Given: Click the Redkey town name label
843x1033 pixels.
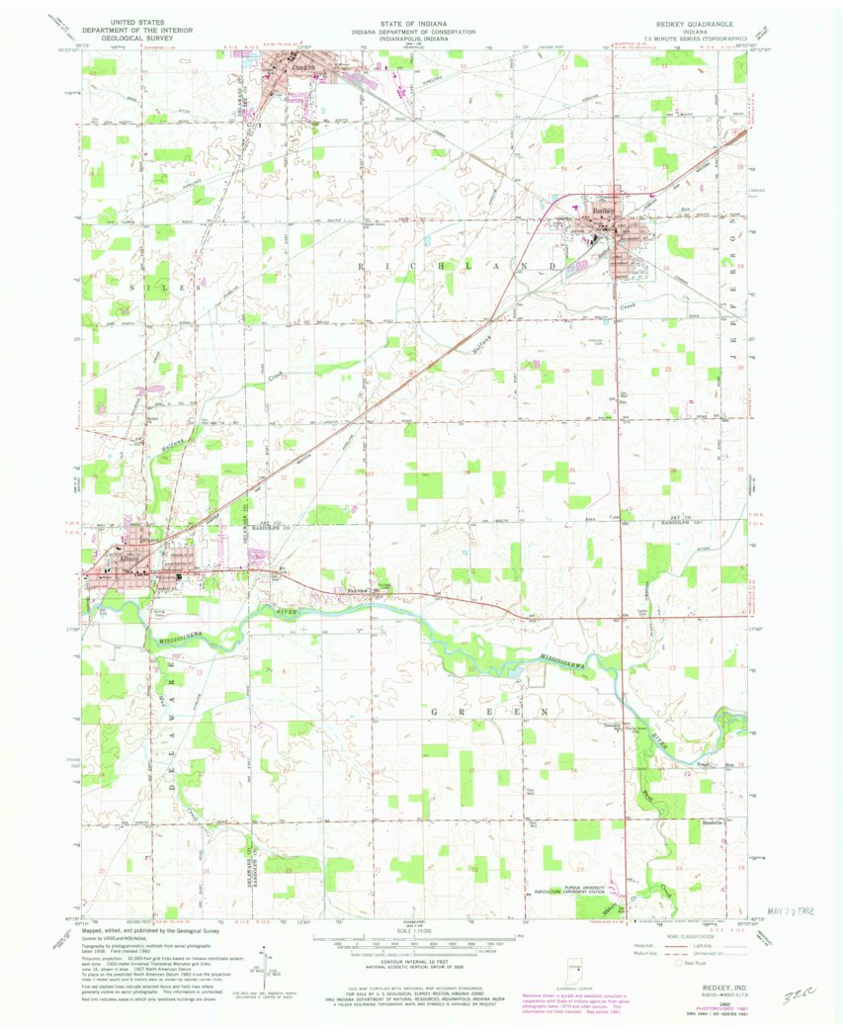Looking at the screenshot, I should [x=604, y=211].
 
